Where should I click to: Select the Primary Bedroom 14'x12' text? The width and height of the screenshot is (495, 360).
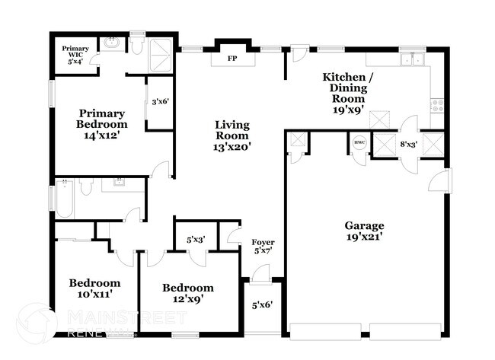tap(101, 124)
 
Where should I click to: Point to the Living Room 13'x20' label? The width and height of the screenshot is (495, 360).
tap(232, 135)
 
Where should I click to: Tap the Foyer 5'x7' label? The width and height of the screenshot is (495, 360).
tap(263, 247)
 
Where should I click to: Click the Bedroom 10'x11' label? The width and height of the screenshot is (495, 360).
tap(94, 287)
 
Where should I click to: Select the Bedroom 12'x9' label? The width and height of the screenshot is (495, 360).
tap(187, 292)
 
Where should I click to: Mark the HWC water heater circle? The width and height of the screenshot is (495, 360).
tap(359, 142)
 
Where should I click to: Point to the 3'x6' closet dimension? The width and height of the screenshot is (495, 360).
tap(159, 101)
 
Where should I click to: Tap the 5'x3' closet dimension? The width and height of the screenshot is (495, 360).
tap(196, 240)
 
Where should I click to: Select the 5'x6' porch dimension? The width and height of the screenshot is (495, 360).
tap(263, 306)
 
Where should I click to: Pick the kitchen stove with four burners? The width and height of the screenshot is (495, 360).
tap(438, 104)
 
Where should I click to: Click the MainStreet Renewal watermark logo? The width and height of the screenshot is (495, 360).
tap(37, 323)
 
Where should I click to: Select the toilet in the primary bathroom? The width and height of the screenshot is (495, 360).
tap(137, 46)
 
